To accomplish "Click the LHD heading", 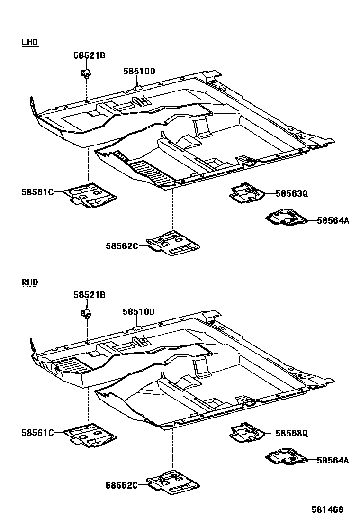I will click(x=29, y=43).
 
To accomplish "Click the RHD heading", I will click(x=29, y=282).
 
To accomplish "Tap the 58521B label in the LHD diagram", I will click(x=89, y=55).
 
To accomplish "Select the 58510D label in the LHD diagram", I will click(x=139, y=72).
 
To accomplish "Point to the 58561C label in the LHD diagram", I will click(x=37, y=192).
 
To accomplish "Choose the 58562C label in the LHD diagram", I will click(x=122, y=245).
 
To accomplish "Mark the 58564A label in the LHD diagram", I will click(x=333, y=220).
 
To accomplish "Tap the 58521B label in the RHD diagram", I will click(x=89, y=295).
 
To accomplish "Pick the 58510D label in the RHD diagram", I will click(x=139, y=311).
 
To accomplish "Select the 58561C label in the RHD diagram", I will click(x=37, y=432).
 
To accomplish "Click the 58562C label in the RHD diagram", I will click(x=122, y=485).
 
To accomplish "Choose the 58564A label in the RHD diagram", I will click(x=333, y=460).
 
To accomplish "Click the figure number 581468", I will click(x=327, y=510).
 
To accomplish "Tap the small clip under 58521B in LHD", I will click(x=86, y=73).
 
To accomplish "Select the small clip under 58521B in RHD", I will click(x=86, y=313).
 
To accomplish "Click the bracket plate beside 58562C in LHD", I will click(x=173, y=244).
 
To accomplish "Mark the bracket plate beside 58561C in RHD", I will click(x=90, y=435).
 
